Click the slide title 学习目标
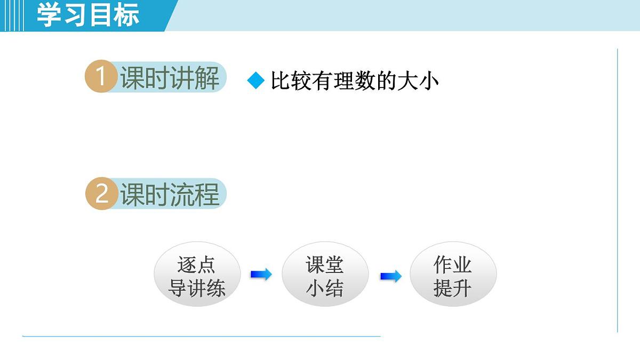pos(88,15)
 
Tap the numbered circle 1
pos(100,77)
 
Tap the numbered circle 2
pos(101,194)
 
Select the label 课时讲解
pos(170,78)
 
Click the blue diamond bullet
pos(256,81)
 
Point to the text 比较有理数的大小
pos(355,81)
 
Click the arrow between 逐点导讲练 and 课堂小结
pos(261,274)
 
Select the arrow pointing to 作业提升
pos(390,276)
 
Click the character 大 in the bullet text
pos(408,81)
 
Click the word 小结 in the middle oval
pos(325,289)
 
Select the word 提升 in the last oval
pos(453,289)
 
